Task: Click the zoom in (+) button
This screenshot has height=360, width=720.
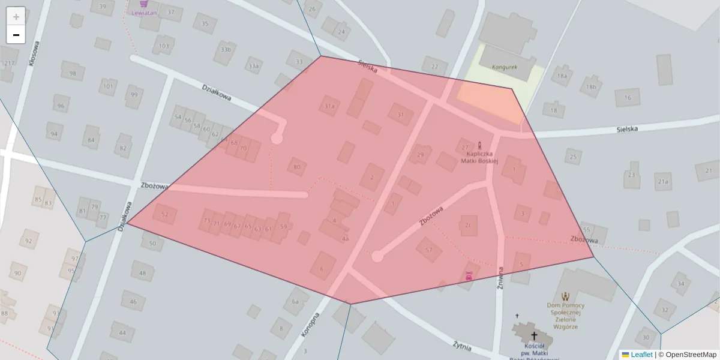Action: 16,17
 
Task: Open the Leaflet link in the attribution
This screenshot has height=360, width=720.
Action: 641,355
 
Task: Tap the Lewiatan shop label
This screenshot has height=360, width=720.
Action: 144,12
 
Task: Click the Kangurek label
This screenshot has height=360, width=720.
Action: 504,67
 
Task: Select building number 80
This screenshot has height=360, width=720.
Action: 296,167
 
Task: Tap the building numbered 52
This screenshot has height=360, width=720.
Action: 165,214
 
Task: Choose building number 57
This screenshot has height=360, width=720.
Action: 428,250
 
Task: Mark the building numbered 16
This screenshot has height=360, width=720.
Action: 628,98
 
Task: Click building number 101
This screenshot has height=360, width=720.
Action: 108,86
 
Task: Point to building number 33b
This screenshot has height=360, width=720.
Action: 226,50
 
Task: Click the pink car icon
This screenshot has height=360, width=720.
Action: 469,276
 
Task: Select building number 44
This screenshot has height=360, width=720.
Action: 122,332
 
